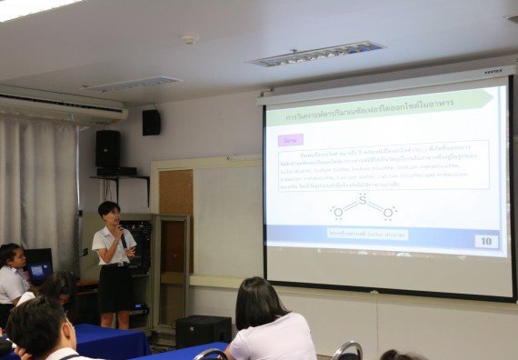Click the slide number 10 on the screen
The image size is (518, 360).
click(x=485, y=241)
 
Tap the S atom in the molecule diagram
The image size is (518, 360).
click(x=362, y=199)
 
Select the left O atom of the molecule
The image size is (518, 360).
click(x=338, y=214)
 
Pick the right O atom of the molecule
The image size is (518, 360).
click(x=387, y=214)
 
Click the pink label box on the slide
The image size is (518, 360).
click(x=291, y=139)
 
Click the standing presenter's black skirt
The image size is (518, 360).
click(x=115, y=288)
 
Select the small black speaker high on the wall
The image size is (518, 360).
click(x=151, y=122)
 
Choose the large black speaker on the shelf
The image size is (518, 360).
click(x=108, y=150)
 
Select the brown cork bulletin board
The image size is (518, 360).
click(x=175, y=208)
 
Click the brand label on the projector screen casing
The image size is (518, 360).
click(x=492, y=71)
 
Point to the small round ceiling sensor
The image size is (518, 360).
click(x=189, y=39)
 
